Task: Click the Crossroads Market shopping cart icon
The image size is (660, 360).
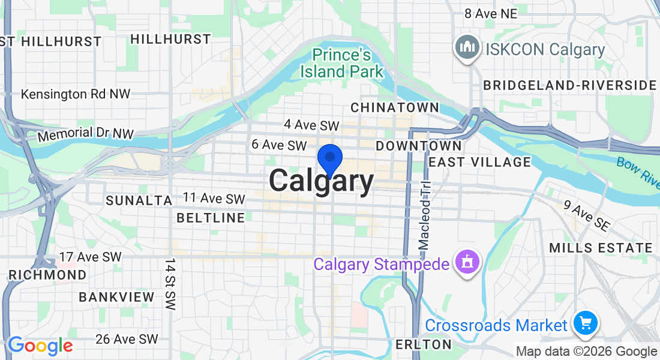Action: pyautogui.click(x=584, y=323)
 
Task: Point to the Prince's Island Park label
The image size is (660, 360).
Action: pyautogui.click(x=341, y=63)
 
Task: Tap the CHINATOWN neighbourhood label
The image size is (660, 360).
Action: pyautogui.click(x=394, y=107)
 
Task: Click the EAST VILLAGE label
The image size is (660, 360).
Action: pyautogui.click(x=479, y=161)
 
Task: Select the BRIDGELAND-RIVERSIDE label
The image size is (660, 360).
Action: pyautogui.click(x=570, y=85)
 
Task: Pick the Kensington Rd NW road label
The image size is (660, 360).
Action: pyautogui.click(x=76, y=94)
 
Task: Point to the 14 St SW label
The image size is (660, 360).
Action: pyautogui.click(x=170, y=284)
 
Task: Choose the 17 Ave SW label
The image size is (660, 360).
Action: pyautogui.click(x=90, y=257)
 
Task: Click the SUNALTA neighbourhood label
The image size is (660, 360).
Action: pyautogui.click(x=139, y=200)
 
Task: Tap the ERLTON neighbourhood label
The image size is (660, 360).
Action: pyautogui.click(x=423, y=344)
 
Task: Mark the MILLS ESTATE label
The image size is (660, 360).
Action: pyautogui.click(x=601, y=247)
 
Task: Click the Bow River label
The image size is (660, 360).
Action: pyautogui.click(x=638, y=170)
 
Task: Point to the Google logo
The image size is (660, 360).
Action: pyautogui.click(x=40, y=346)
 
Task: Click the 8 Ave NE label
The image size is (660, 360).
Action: pyautogui.click(x=491, y=13)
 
